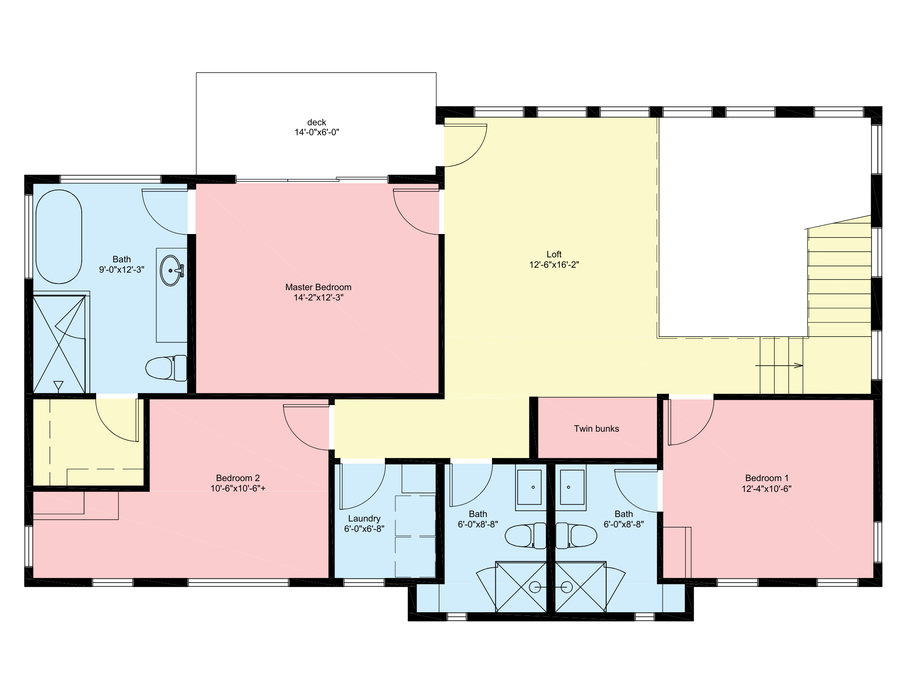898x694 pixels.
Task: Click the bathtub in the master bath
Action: [59, 237]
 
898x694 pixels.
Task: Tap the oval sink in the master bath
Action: [171, 270]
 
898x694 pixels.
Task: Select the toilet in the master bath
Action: [166, 368]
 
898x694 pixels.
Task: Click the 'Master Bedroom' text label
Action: [318, 287]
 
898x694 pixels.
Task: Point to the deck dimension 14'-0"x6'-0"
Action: [317, 132]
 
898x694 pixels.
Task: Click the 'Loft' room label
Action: [554, 254]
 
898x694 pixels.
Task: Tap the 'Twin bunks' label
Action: [596, 429]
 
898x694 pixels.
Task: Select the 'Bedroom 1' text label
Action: [767, 478]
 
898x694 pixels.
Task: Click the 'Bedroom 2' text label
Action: [238, 478]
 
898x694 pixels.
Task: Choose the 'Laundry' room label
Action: [364, 519]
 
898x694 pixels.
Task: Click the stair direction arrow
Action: [779, 366]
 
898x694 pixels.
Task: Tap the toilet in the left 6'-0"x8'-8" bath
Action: [526, 535]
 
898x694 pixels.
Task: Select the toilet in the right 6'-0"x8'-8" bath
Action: [577, 535]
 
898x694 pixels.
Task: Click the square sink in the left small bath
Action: [529, 487]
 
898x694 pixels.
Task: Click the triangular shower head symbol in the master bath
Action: [58, 386]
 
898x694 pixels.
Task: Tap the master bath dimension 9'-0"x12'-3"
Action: [122, 270]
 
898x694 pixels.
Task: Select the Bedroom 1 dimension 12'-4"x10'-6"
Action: [766, 489]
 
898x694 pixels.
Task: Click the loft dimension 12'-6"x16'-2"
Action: [554, 265]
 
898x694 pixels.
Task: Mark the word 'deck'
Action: [317, 122]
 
